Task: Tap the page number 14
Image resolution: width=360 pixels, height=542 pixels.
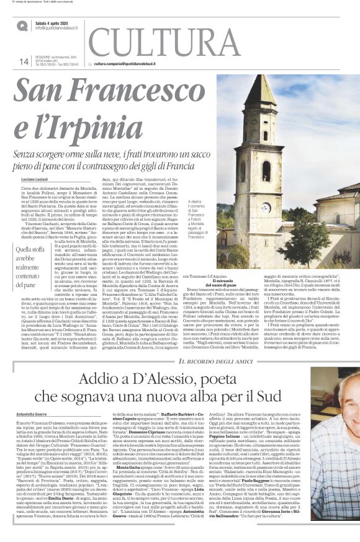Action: pos(24,61)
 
